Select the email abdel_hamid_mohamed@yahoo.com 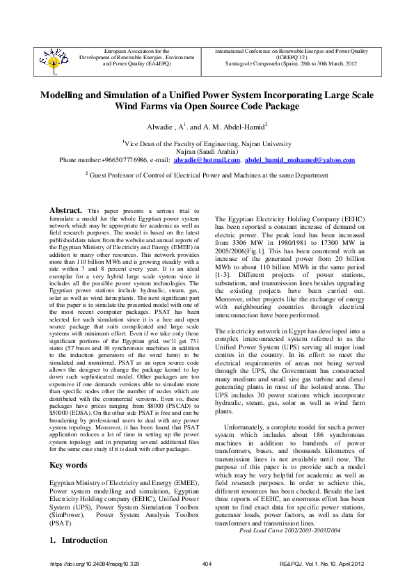pos(300,159)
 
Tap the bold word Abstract pos(67,209)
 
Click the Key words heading pos(67,465)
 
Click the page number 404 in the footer pos(207,562)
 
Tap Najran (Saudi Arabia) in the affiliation pos(207,150)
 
